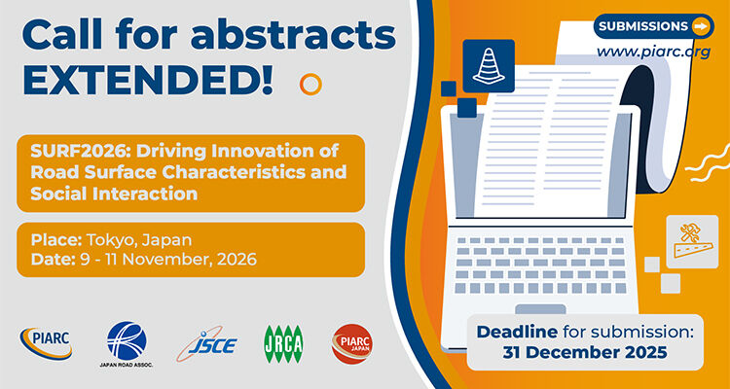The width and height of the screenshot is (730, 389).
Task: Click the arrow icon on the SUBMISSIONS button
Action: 699,25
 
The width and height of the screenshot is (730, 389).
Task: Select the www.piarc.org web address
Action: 652,53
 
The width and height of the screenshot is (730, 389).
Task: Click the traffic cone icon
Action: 488,65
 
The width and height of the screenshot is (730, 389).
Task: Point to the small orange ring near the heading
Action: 310,84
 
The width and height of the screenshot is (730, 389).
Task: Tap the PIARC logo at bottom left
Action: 45,341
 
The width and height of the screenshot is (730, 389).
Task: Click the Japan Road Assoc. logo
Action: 127,341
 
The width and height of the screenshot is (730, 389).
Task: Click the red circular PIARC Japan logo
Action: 350,342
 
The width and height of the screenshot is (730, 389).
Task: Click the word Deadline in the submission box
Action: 519,332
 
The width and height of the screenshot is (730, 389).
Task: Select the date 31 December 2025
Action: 585,352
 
